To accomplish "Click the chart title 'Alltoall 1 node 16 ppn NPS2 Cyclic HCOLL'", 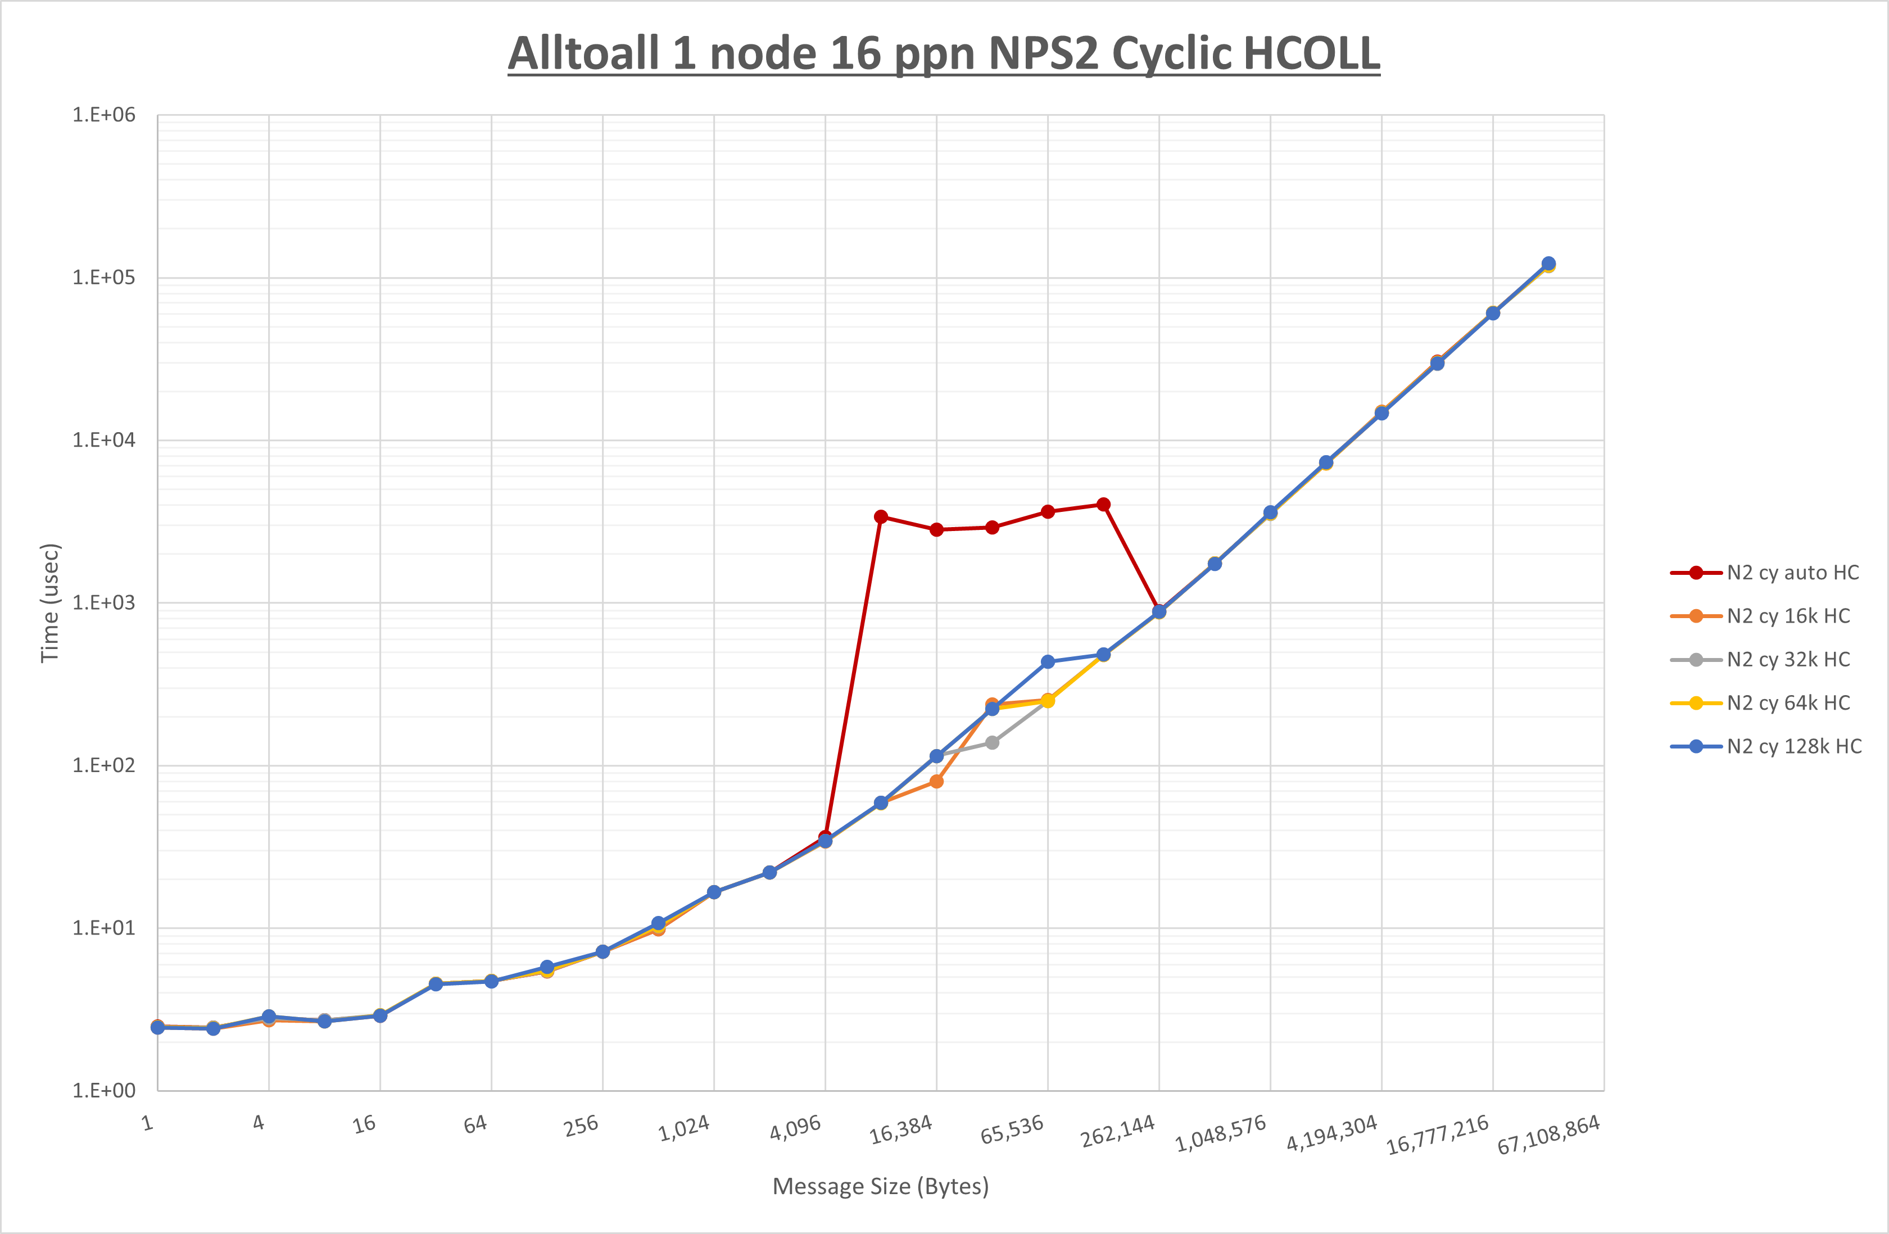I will (944, 53).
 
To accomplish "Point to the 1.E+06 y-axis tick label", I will (104, 115).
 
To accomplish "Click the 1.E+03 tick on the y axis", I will (104, 603).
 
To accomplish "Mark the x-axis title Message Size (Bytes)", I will (880, 1186).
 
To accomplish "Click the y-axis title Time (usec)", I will (50, 603).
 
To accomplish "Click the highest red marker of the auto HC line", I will (1103, 505).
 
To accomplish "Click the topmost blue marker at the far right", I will (1548, 264).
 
